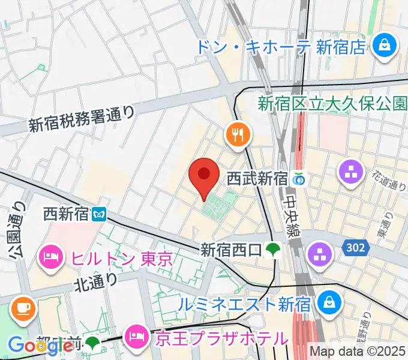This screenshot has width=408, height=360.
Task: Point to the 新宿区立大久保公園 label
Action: pyautogui.click(x=332, y=103)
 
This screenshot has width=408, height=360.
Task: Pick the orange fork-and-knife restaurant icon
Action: pyautogui.click(x=238, y=135)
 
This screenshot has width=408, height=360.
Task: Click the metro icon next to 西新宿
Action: pyautogui.click(x=100, y=212)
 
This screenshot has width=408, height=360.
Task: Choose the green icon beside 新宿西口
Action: pyautogui.click(x=274, y=248)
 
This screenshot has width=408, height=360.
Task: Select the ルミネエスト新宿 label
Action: pyautogui.click(x=245, y=304)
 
